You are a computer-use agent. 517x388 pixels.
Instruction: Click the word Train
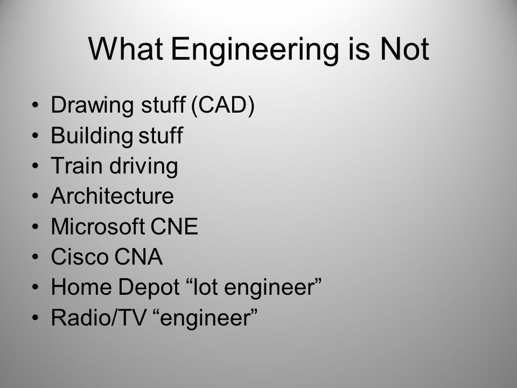tap(71, 166)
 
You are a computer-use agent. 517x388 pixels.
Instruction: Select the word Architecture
tap(112, 197)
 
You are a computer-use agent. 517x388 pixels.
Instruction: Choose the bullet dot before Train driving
tap(37, 167)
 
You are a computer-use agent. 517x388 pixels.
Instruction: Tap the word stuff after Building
tap(159, 136)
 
